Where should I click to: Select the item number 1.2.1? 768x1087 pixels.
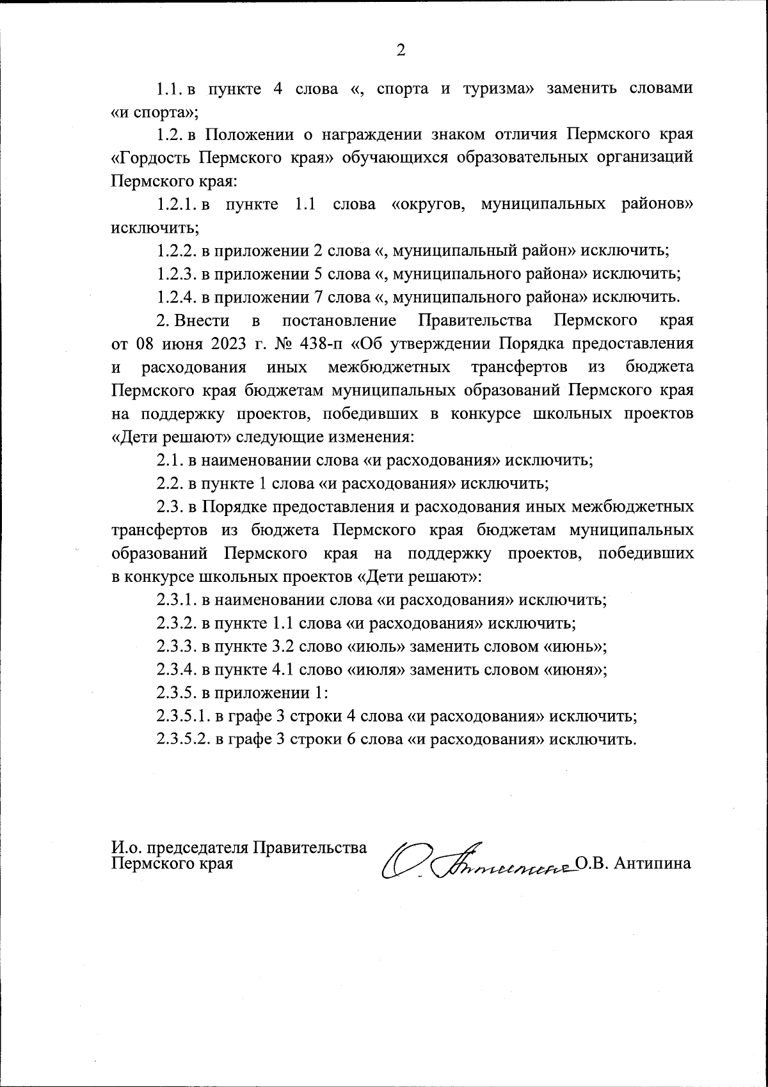pos(177,204)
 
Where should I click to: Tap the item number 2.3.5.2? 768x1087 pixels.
pos(183,739)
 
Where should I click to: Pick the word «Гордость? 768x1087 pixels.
pos(151,158)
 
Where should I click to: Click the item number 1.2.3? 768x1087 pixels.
pos(177,274)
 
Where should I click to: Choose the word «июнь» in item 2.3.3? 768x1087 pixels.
pos(573,646)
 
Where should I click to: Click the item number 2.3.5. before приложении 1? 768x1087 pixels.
pos(177,692)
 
